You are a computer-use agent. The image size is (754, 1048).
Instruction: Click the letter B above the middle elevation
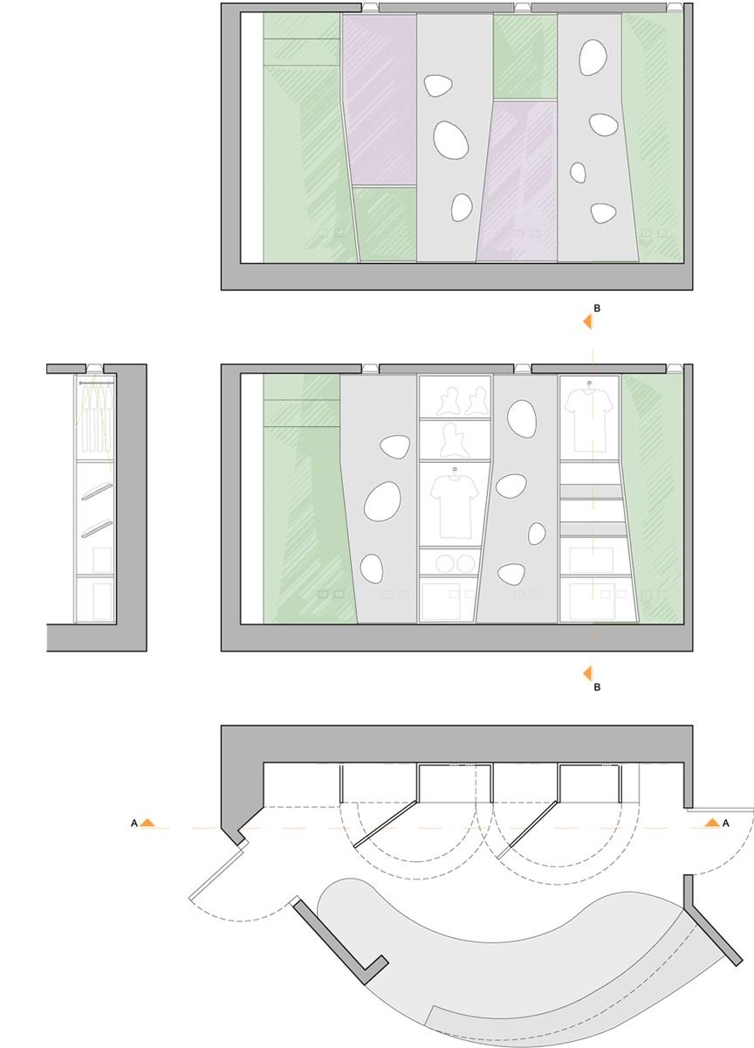point(596,308)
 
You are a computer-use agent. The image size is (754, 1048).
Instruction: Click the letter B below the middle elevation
point(596,687)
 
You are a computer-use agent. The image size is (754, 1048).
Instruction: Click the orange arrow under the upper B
point(587,321)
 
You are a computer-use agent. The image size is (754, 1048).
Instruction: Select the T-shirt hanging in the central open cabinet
point(455,502)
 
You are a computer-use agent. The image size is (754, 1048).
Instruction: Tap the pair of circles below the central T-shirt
point(456,564)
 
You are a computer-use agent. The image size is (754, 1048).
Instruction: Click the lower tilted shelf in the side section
point(97,529)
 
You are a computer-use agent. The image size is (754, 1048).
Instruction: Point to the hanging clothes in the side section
point(96,417)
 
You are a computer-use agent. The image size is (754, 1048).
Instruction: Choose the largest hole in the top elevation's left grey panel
point(450,140)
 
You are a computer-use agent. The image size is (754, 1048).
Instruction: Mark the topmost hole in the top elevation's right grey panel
point(593,57)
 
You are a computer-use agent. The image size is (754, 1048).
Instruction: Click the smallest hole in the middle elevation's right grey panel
point(537,534)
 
